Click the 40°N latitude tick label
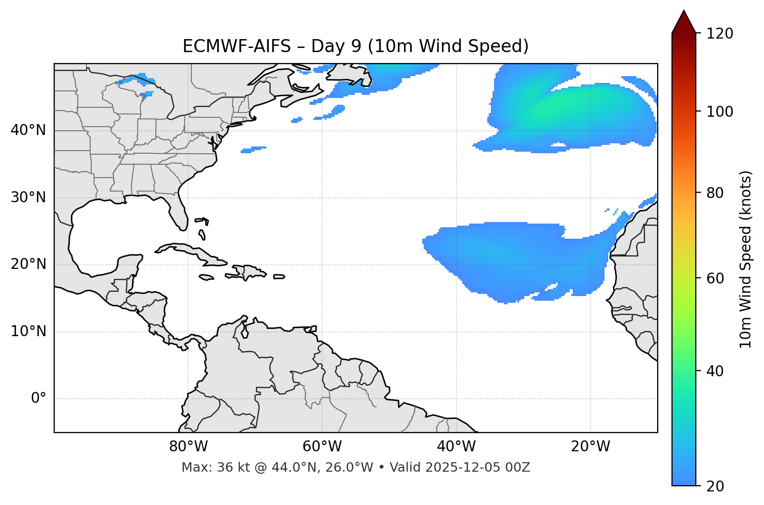29,130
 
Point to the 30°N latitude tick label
29,198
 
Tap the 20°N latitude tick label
29,264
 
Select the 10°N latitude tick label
29,331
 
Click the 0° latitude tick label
39,399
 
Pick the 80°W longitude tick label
188,447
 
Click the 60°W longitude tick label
322,447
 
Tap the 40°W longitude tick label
456,447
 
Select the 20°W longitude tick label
590,447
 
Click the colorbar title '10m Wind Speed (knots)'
746,259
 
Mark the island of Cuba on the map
190,251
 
